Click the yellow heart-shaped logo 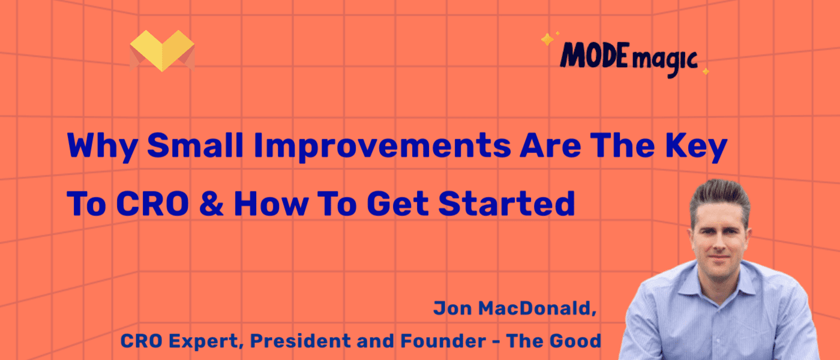pyautogui.click(x=163, y=50)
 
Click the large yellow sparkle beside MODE pyautogui.click(x=547, y=40)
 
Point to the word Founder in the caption pyautogui.click(x=440, y=341)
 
